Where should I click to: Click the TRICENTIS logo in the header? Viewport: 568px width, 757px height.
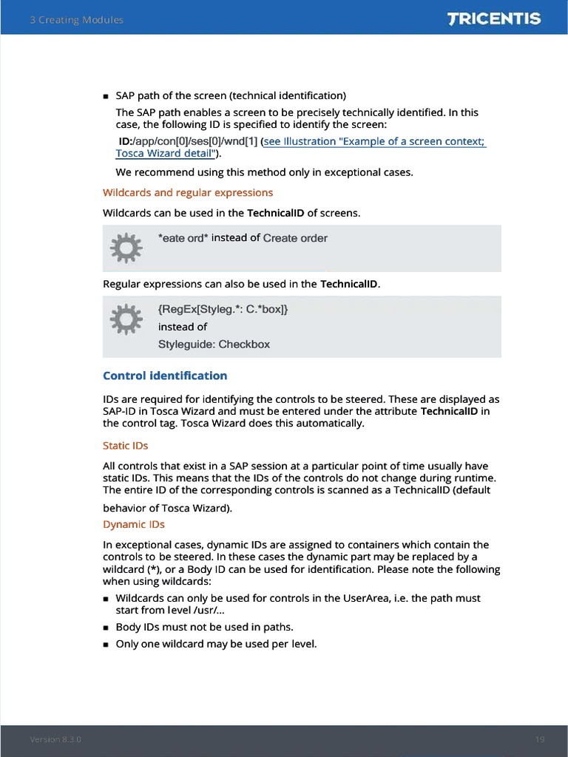click(494, 18)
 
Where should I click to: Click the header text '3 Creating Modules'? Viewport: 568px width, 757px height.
click(77, 20)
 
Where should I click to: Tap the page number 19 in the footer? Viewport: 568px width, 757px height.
click(540, 739)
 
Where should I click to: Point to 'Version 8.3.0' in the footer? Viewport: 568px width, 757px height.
click(55, 739)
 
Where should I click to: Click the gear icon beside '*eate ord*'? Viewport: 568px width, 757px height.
click(125, 248)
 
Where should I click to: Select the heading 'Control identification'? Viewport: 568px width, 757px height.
click(165, 376)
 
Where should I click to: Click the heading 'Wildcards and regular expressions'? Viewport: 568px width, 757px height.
click(188, 192)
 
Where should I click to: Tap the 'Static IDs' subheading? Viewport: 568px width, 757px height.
click(125, 446)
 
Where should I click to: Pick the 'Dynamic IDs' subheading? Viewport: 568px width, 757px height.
click(134, 524)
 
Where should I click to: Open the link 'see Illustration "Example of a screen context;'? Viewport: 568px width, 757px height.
click(374, 141)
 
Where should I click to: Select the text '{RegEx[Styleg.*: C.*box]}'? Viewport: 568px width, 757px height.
click(223, 309)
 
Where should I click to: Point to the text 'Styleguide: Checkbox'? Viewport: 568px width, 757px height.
click(214, 344)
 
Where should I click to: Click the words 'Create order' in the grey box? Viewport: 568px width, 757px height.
click(295, 238)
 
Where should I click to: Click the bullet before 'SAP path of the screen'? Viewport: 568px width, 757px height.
click(106, 96)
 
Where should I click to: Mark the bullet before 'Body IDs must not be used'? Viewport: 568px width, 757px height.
click(106, 628)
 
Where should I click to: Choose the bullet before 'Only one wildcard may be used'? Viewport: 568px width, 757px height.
click(106, 645)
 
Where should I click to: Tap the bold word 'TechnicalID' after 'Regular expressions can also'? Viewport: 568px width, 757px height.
click(349, 284)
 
